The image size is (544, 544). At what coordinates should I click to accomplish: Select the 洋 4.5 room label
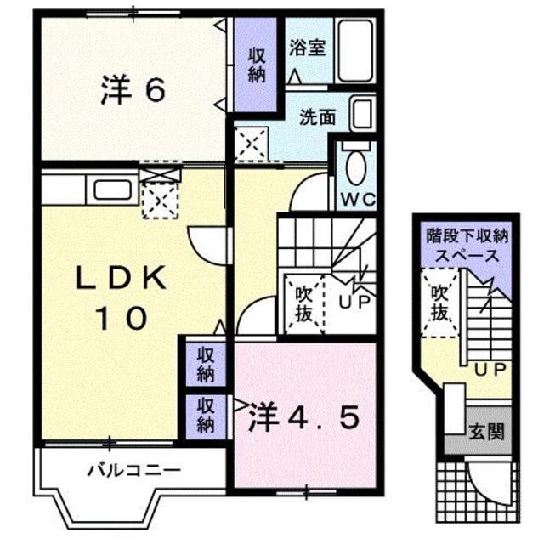[x=303, y=418]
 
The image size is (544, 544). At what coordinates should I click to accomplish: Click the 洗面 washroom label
[x=316, y=118]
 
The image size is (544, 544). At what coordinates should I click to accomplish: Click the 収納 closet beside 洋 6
[x=258, y=65]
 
